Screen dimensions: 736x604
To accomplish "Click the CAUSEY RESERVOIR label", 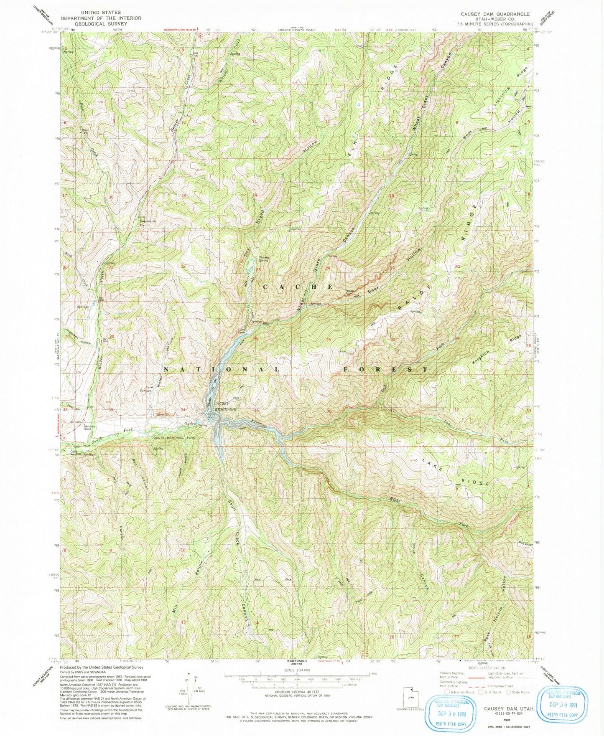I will click(x=225, y=406).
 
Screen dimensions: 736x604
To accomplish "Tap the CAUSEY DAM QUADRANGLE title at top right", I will click(x=495, y=14).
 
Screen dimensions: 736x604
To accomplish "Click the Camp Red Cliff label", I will click(x=75, y=453).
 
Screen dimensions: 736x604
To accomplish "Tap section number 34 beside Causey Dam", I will click(x=183, y=410).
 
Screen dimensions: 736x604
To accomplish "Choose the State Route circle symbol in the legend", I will click(x=508, y=692).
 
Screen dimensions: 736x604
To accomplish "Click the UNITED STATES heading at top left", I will click(x=101, y=13).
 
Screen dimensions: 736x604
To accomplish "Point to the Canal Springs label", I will click(x=145, y=388).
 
